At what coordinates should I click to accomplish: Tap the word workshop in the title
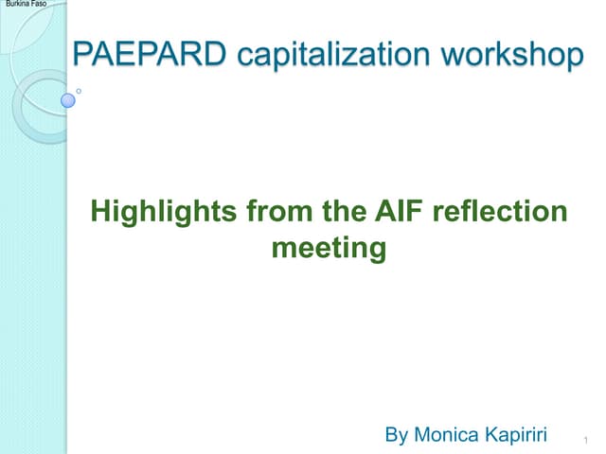512,55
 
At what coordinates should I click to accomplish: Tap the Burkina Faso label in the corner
24,6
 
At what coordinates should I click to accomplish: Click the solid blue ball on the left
67,99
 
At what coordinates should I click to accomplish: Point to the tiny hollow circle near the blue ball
79,91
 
